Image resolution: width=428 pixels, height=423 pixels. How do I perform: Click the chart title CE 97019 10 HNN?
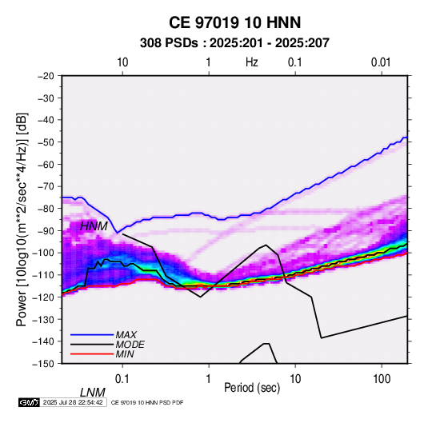234,22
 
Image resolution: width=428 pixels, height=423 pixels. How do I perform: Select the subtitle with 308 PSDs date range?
234,43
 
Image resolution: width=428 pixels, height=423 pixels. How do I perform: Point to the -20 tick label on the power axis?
46,76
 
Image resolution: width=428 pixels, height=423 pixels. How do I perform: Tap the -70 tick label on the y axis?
46,186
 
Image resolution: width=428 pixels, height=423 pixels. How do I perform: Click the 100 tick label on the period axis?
382,379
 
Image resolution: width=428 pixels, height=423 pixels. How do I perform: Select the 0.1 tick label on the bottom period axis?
122,379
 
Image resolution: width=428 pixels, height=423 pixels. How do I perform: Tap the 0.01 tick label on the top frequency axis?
381,62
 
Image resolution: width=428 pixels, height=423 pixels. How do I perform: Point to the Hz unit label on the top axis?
252,62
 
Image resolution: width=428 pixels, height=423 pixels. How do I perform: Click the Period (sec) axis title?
252,388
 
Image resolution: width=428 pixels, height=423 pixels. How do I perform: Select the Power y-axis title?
22,219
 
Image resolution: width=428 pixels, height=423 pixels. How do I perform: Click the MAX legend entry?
126,335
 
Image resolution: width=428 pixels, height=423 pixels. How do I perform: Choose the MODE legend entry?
130,345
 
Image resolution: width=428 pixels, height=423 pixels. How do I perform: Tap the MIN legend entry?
125,354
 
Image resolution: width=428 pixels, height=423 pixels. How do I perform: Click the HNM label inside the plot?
94,226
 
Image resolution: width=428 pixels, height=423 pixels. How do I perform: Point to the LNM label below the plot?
93,393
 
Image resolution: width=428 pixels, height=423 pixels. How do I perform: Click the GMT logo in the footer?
29,402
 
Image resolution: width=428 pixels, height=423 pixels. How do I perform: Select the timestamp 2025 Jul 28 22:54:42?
73,402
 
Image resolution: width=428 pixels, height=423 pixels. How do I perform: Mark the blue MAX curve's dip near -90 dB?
118,233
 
